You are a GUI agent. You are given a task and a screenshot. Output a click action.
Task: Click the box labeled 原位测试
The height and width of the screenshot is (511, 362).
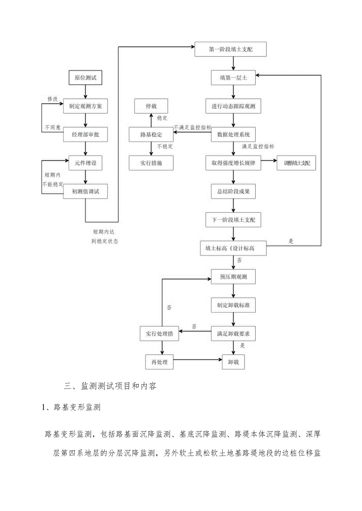pos(85,78)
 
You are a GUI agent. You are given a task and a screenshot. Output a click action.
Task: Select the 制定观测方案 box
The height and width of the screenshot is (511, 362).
pos(85,106)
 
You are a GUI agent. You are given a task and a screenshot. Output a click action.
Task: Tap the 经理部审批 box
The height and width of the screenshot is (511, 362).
pos(85,135)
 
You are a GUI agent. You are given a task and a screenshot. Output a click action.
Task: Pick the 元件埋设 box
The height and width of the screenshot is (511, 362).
pos(85,163)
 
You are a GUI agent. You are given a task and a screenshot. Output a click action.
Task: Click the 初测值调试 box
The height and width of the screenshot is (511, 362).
pos(85,191)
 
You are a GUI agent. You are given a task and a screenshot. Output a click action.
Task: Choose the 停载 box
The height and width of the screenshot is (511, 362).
pos(151,106)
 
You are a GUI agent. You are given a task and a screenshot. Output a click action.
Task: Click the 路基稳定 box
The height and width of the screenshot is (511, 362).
pos(151,135)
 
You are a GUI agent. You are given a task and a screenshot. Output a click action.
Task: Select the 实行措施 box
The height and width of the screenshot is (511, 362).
pos(151,163)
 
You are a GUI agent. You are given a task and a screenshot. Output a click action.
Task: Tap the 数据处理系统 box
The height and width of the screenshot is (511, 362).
pos(234,135)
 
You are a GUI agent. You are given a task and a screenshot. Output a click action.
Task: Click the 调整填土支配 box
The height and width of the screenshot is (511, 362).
pos(296,163)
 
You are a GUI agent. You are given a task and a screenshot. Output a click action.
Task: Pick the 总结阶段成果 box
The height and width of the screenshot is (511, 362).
pos(234,192)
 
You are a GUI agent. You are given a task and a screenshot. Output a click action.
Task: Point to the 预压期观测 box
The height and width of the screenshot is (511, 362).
pos(234,277)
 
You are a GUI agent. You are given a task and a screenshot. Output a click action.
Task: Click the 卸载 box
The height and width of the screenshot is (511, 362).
pos(234,362)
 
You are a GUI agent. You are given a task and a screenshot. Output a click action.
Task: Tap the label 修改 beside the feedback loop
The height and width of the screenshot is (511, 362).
pos(53,99)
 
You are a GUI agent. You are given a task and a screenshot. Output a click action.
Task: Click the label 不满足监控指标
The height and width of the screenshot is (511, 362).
pos(193,127)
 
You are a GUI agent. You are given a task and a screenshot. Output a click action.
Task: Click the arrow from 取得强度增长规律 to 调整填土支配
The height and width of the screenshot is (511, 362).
pos(269,161)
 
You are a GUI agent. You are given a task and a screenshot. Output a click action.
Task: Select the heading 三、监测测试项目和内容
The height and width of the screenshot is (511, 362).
pos(110,386)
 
